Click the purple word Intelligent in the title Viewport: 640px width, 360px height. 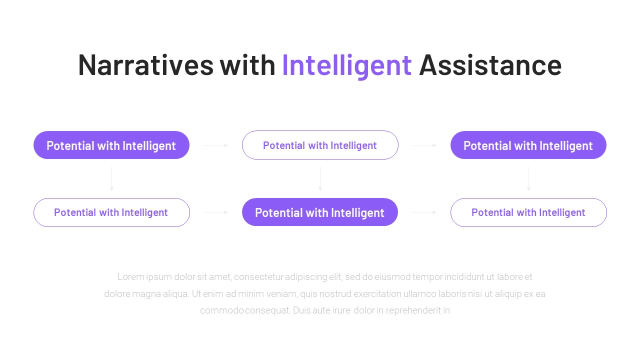346,65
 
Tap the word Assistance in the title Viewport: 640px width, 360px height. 490,65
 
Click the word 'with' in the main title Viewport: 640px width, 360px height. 247,65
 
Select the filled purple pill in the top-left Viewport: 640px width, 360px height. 111,145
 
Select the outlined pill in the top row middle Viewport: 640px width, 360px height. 320,145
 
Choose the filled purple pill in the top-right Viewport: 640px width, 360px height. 528,145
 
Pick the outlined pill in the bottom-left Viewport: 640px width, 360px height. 111,212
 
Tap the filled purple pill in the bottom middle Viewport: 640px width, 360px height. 320,212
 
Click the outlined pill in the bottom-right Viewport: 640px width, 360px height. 528,212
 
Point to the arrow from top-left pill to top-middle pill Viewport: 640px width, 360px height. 216,145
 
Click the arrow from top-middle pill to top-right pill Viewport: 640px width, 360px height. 424,145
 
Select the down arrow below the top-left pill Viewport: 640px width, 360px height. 111,179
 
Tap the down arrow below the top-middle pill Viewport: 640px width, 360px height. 320,179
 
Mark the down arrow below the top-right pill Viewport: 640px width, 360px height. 528,179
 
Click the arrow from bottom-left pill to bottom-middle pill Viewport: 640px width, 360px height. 216,212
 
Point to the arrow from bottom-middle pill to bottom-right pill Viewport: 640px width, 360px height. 424,212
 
